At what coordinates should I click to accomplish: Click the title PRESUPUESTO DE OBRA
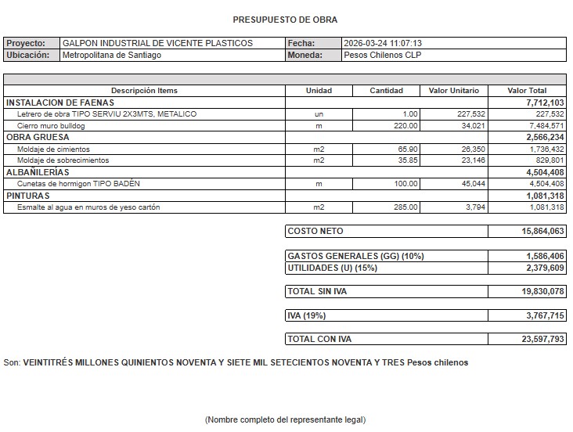click(285, 20)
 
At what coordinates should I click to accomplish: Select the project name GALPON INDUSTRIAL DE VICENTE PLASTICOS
click(157, 43)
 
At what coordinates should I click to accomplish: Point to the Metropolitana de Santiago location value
click(112, 56)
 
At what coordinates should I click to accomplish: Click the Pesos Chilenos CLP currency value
click(384, 56)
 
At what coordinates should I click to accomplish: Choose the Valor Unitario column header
click(454, 91)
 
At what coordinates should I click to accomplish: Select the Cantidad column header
click(387, 91)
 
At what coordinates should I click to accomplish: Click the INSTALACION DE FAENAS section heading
click(60, 103)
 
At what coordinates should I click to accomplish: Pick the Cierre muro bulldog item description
click(51, 125)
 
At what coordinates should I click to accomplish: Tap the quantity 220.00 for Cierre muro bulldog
click(405, 125)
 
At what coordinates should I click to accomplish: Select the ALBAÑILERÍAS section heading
click(38, 172)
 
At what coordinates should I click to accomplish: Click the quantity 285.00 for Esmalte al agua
click(405, 207)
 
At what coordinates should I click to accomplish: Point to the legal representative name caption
click(285, 420)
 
